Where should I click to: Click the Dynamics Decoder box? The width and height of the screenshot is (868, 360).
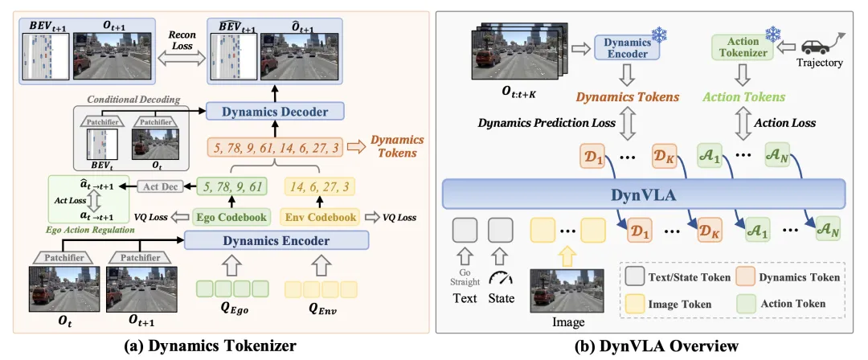[267, 112]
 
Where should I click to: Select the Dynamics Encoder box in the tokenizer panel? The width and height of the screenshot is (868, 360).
[276, 239]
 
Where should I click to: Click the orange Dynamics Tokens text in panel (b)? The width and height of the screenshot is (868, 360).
[626, 97]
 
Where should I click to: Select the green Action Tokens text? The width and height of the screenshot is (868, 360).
[743, 97]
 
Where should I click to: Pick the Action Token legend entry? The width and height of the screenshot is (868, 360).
[783, 304]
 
